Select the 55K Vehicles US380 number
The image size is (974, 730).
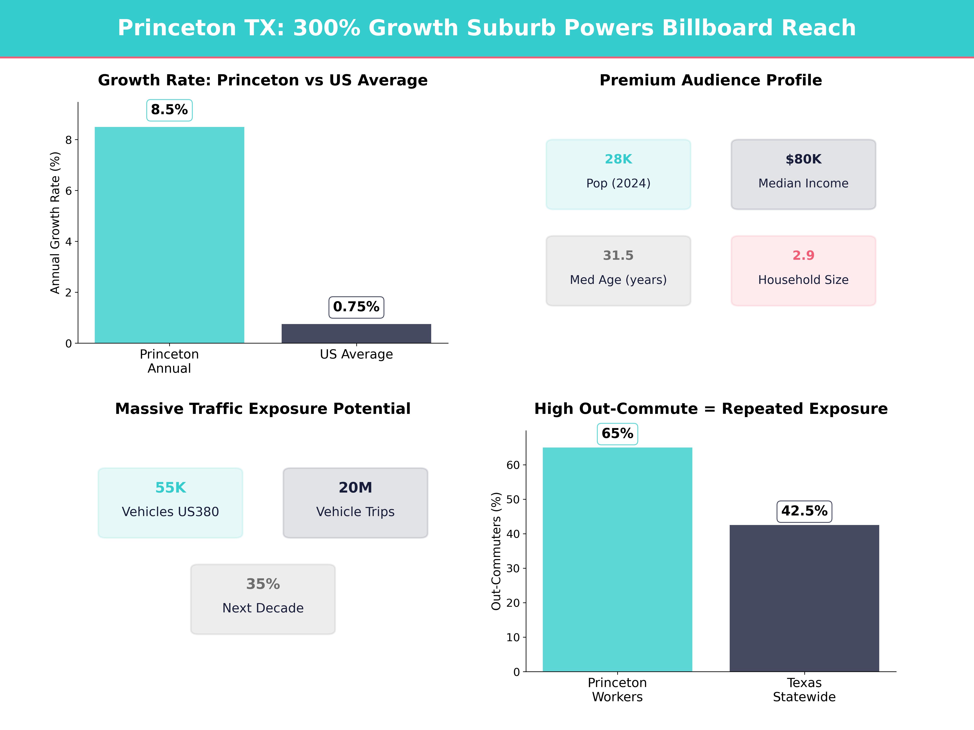[x=170, y=487]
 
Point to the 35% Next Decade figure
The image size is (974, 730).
[x=263, y=584]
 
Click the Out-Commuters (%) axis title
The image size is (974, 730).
[x=496, y=551]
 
